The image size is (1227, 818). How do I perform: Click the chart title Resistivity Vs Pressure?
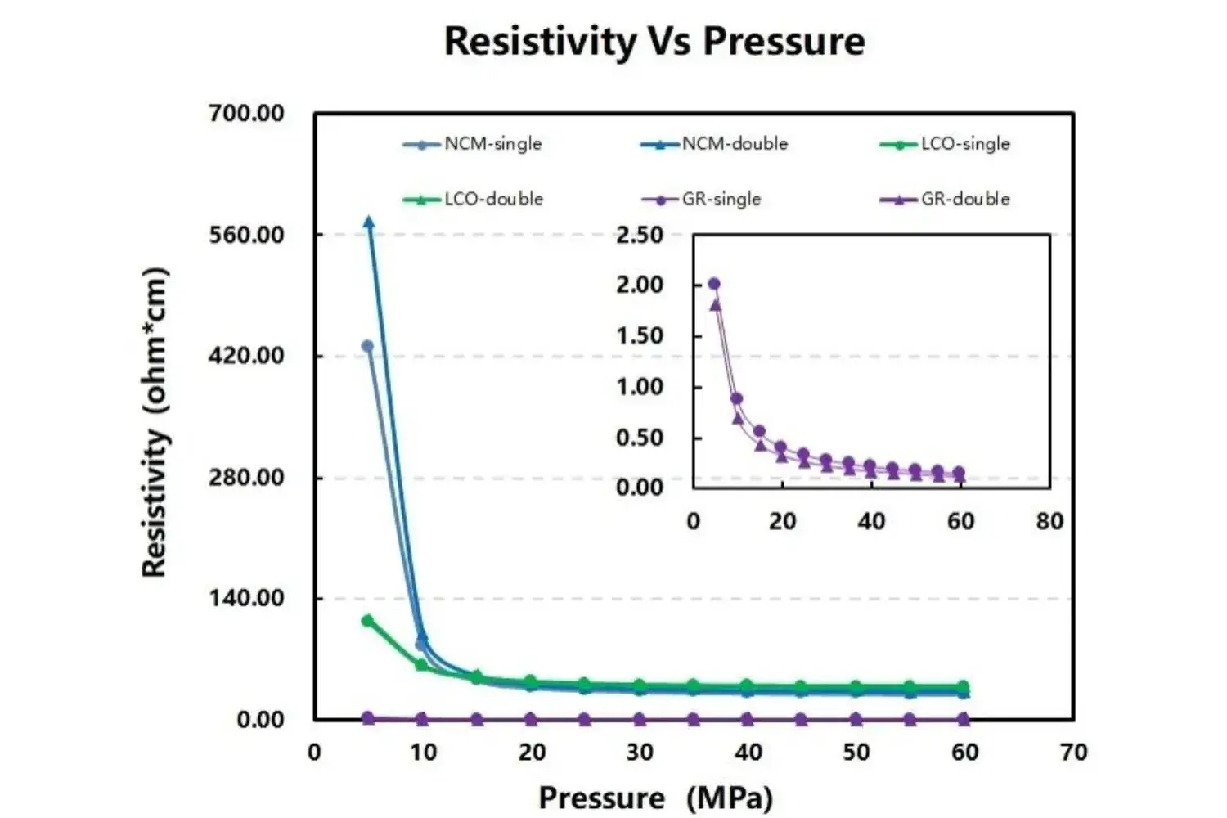click(654, 41)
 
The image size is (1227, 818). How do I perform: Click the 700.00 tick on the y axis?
click(246, 113)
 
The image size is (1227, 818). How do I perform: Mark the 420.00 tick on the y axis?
click(246, 356)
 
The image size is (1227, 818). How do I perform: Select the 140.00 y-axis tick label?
click(246, 598)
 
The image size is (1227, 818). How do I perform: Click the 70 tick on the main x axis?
click(1073, 753)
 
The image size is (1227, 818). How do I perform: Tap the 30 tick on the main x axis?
click(640, 753)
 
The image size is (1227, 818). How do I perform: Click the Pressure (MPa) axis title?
click(655, 798)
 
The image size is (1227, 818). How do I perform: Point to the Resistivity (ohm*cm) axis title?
click(155, 422)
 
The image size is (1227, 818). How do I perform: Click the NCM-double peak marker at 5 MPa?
click(369, 222)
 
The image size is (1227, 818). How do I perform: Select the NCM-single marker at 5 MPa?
click(367, 346)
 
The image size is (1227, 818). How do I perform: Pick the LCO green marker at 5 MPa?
click(367, 621)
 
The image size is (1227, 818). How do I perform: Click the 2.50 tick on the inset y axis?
click(639, 236)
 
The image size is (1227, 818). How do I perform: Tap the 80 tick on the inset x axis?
click(1049, 522)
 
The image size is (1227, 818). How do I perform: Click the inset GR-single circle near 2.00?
click(713, 284)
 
